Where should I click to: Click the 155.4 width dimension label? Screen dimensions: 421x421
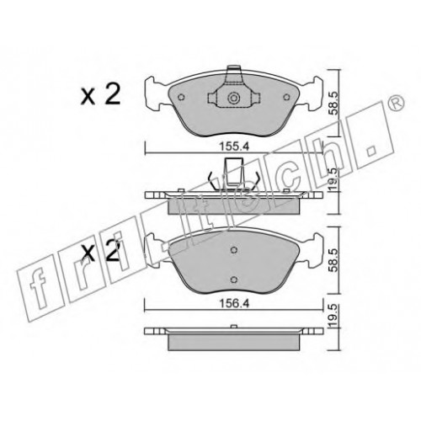[234, 147]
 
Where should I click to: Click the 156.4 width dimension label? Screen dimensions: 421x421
[234, 303]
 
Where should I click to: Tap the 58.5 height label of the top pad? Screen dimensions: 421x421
[333, 104]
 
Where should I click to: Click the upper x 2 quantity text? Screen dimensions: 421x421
[100, 94]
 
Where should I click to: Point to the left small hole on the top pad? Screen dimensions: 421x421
[181, 98]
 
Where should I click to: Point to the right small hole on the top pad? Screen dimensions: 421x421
[286, 98]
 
